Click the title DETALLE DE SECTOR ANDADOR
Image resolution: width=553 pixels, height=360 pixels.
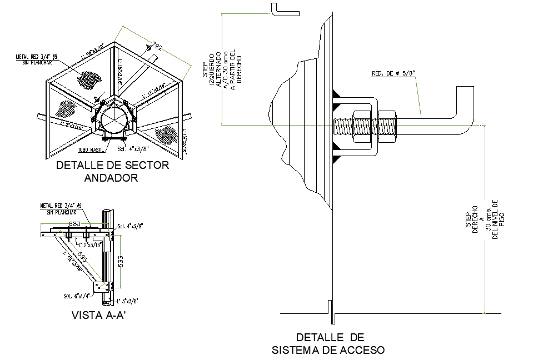[x=113, y=171]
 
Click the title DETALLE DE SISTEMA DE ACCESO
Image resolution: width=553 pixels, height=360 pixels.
[x=329, y=343]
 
